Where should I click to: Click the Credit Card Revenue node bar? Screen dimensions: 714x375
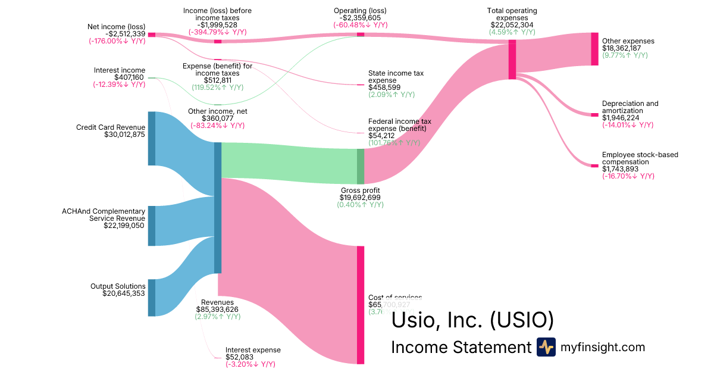click(151, 138)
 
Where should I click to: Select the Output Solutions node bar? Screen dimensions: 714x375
click(151, 298)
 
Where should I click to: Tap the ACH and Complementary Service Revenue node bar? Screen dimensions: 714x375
click(151, 226)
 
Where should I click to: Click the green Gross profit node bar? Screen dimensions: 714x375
click(360, 166)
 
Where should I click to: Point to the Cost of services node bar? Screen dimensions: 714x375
click(360, 304)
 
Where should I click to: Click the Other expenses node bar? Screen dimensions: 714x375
click(594, 49)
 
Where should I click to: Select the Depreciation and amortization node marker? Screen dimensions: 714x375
click(594, 114)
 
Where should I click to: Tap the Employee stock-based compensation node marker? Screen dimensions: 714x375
click(594, 165)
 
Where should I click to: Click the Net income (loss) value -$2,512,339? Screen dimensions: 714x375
click(117, 33)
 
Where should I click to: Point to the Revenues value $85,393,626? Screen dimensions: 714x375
click(217, 309)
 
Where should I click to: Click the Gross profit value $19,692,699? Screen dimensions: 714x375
click(360, 197)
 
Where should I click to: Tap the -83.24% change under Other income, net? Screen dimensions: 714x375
click(217, 126)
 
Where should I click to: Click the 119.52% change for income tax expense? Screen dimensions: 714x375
click(217, 87)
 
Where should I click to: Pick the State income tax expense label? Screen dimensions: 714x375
click(396, 76)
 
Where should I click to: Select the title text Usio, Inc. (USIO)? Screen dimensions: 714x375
click(472, 320)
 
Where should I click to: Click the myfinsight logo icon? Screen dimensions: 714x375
click(546, 347)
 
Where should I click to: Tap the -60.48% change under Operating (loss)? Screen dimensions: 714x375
click(360, 25)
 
